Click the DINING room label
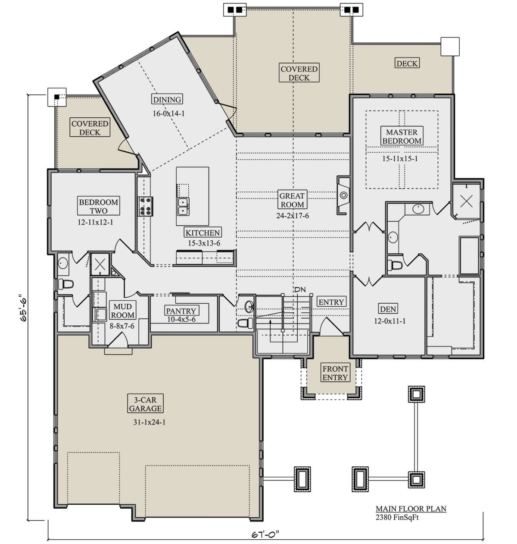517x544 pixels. point(167,99)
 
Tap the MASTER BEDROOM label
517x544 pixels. point(402,136)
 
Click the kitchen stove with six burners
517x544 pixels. point(145,206)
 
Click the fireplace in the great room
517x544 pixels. point(343,195)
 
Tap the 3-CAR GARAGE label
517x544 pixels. point(145,404)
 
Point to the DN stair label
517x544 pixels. point(300,290)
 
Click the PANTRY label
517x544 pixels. point(181,311)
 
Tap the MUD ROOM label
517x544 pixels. point(122,311)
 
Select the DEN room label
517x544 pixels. point(388,309)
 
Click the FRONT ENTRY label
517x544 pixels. point(335,373)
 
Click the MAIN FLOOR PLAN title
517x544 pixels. point(411,509)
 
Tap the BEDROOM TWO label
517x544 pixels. point(98,206)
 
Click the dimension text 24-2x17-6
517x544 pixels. point(293,216)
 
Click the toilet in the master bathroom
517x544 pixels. point(395,265)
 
